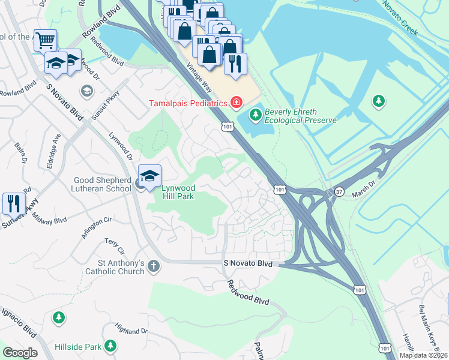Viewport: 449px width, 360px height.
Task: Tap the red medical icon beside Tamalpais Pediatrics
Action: point(237,103)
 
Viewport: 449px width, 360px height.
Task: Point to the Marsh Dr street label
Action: point(367,178)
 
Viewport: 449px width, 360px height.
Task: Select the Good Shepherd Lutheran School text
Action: point(102,184)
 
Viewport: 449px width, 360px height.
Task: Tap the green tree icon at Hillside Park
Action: point(110,346)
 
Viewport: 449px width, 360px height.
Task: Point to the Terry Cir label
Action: point(113,245)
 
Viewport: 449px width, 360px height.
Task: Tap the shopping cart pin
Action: point(45,40)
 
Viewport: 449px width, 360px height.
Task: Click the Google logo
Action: point(20,353)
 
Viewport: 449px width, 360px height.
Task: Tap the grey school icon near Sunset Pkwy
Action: point(87,91)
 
